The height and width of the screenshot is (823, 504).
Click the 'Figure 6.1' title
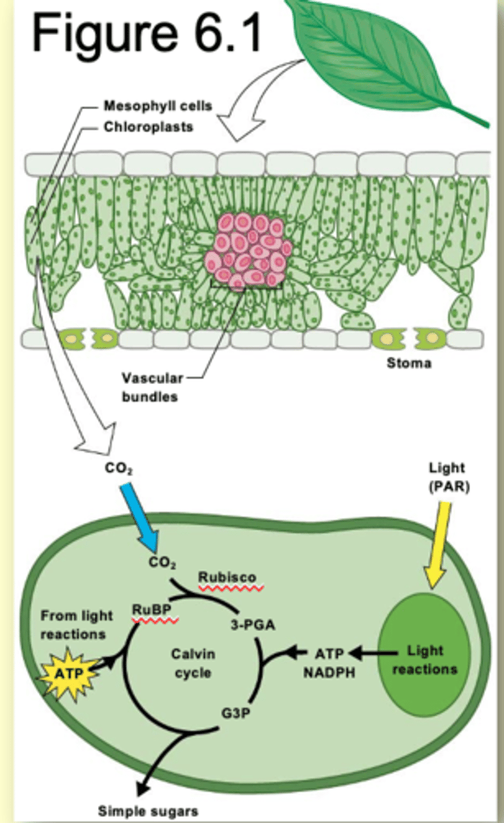(x=147, y=32)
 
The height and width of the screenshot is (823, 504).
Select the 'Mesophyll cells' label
(x=157, y=106)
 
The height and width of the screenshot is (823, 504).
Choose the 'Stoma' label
(x=409, y=363)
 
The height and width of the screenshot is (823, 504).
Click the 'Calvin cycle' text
(x=192, y=663)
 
